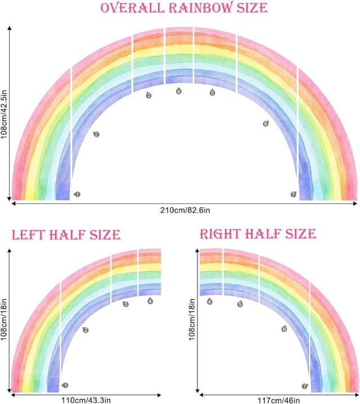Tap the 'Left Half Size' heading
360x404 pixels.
tap(66, 234)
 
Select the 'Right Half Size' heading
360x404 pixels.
tap(258, 233)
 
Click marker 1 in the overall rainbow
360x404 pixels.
tap(77, 194)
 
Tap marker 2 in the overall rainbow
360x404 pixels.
tap(96, 134)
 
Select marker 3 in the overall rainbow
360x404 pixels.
tap(148, 96)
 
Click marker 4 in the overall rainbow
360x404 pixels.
tap(179, 91)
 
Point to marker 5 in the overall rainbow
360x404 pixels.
tap(212, 93)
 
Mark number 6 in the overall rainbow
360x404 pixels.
tap(265, 123)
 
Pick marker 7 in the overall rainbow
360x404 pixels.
tap(293, 194)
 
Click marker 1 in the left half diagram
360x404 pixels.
tap(65, 385)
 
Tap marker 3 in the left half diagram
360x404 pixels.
tap(125, 304)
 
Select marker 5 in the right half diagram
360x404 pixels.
tap(240, 304)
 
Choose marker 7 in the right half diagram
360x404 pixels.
tap(305, 387)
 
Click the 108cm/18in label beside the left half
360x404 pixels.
tap(4, 320)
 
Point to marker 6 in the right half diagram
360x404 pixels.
tap(284, 329)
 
